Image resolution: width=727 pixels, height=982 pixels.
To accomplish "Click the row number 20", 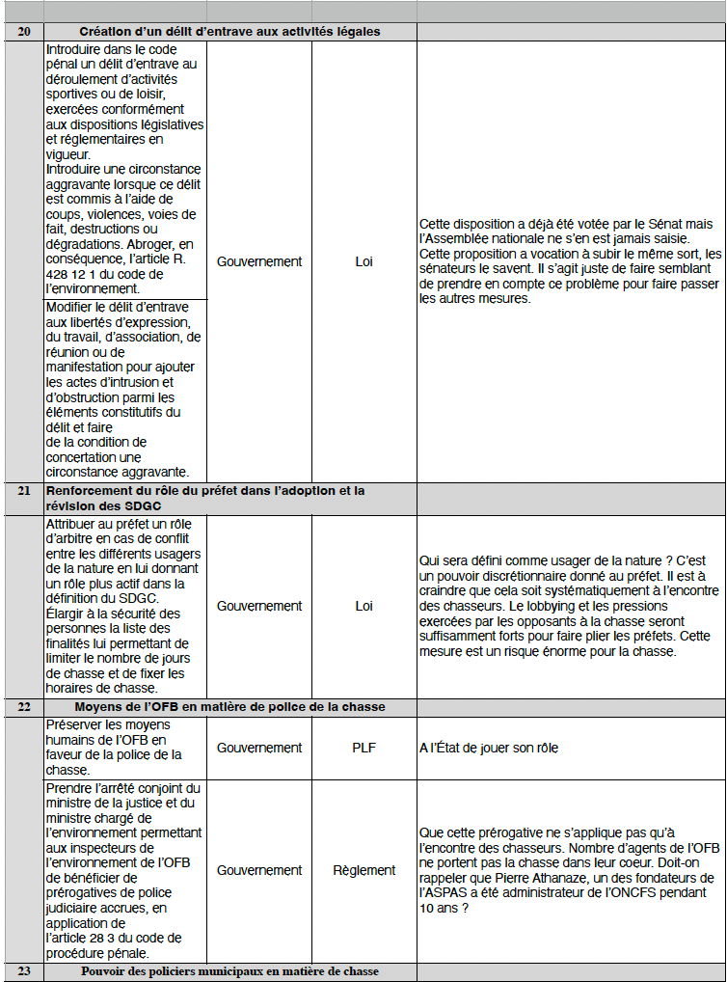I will click(23, 32).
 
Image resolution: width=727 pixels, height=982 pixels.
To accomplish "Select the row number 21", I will click(23, 491).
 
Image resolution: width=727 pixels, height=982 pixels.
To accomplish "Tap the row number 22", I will click(23, 707).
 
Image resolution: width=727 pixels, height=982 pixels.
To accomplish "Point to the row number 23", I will click(23, 970).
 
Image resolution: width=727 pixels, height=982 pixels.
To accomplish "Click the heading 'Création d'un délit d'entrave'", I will click(229, 32).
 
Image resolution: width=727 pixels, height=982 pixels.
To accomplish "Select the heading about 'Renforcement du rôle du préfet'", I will click(205, 499).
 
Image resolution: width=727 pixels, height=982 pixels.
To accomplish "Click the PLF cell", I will click(363, 748).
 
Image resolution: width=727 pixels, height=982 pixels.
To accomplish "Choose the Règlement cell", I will click(363, 870).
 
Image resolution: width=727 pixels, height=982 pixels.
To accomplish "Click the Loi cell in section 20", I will click(363, 261).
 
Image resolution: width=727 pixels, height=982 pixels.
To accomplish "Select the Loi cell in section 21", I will click(363, 606).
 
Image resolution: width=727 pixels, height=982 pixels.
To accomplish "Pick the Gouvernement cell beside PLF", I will click(258, 748).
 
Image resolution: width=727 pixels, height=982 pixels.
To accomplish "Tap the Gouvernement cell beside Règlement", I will click(258, 870).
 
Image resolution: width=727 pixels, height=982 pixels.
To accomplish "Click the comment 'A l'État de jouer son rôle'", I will click(488, 748).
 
